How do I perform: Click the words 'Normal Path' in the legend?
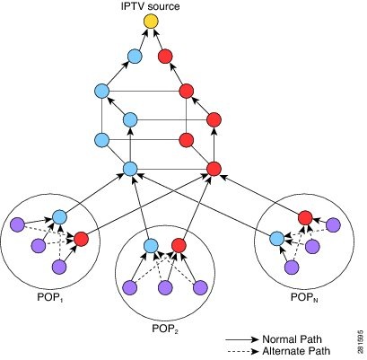click(x=290, y=338)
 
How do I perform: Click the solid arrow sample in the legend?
click(x=241, y=338)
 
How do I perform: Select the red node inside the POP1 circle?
click(x=82, y=239)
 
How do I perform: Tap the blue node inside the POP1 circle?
click(x=60, y=216)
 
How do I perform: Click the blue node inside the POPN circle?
click(x=276, y=238)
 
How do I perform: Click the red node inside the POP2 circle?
click(x=178, y=245)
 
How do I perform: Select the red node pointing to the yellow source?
click(x=165, y=57)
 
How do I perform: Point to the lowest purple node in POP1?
click(x=61, y=267)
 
